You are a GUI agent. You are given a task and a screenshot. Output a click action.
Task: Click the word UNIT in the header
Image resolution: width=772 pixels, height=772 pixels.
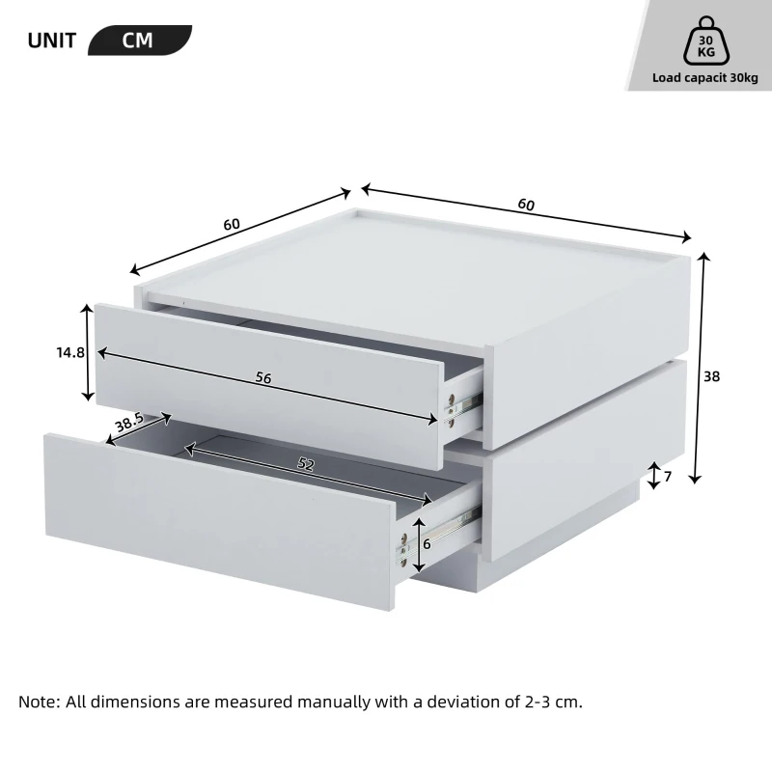(x=52, y=41)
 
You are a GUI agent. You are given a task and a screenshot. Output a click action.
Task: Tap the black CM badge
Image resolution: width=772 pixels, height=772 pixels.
(x=138, y=41)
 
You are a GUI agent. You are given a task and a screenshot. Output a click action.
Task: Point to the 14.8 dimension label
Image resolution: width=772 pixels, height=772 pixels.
(x=69, y=353)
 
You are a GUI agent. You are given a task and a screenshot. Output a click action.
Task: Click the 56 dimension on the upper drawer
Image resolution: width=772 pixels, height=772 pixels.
(x=262, y=378)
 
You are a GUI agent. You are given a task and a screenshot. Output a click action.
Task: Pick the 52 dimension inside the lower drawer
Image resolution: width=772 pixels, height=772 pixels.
(x=305, y=465)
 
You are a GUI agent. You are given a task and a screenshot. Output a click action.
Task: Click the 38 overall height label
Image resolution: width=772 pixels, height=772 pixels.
(x=712, y=376)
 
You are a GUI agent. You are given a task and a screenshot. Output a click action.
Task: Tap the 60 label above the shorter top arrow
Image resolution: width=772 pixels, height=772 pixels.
(x=232, y=224)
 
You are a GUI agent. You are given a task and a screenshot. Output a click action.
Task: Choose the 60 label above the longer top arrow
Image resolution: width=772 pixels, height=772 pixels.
(x=526, y=204)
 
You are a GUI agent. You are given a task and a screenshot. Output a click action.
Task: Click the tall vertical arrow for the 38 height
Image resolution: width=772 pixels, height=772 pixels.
(x=702, y=367)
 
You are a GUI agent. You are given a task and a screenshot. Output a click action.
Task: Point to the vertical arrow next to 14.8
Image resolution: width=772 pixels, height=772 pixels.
(x=89, y=353)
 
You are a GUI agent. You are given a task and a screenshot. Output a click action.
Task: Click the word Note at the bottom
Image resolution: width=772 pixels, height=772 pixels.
(x=39, y=702)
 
